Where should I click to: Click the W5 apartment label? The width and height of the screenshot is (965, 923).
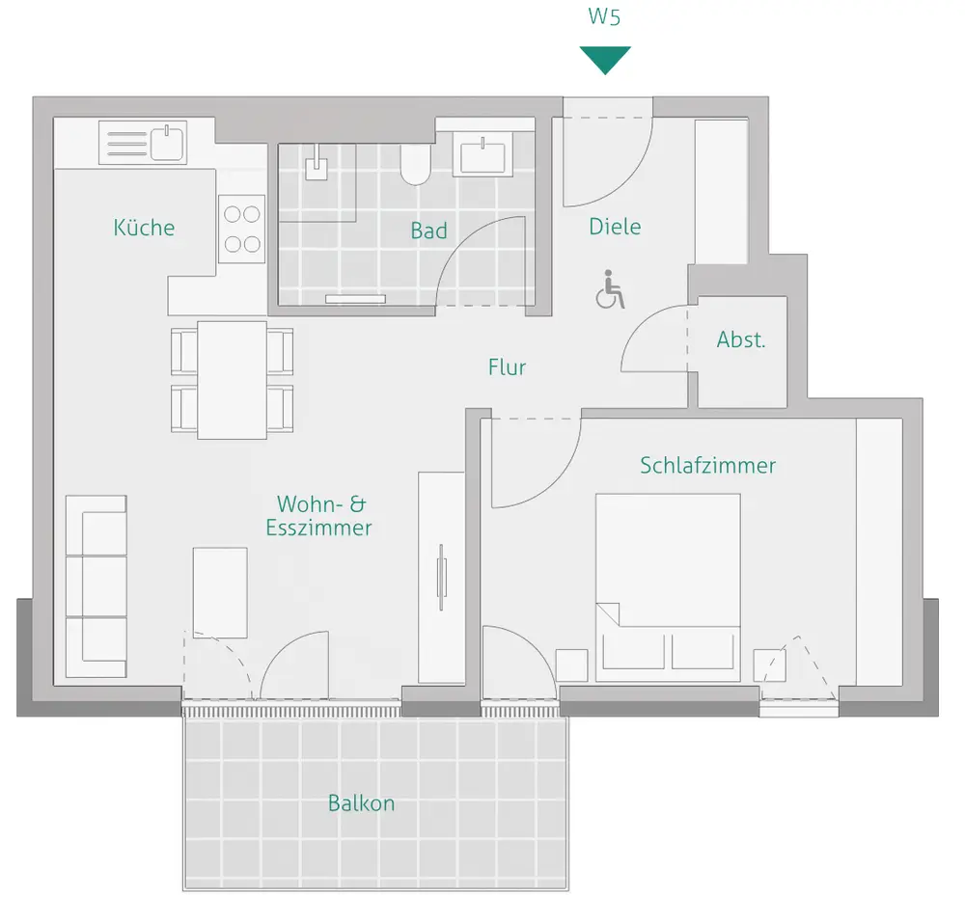point(604,16)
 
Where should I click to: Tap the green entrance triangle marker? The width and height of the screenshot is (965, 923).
point(605,60)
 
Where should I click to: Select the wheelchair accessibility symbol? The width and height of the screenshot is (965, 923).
point(610,289)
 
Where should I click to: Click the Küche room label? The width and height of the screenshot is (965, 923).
point(144,227)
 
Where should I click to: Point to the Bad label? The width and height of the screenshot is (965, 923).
point(429,231)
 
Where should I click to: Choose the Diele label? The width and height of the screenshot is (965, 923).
point(615,227)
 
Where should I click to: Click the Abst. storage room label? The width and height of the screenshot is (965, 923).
point(741,339)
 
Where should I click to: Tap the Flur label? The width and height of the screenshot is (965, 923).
point(508,367)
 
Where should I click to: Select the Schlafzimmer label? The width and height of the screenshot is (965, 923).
point(707,465)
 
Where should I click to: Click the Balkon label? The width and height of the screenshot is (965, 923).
point(361,803)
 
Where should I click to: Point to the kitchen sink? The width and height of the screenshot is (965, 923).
point(143,144)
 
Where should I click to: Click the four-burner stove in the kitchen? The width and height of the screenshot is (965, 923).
point(242,230)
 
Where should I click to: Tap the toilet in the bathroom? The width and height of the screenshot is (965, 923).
point(416,164)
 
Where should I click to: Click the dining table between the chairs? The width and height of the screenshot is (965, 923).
point(232,380)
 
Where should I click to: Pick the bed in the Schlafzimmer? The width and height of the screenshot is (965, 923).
point(668,587)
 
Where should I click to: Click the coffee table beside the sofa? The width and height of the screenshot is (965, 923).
point(220,593)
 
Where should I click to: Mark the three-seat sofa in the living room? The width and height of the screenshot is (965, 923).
point(96,586)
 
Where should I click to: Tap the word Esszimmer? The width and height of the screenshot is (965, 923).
point(318,528)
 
